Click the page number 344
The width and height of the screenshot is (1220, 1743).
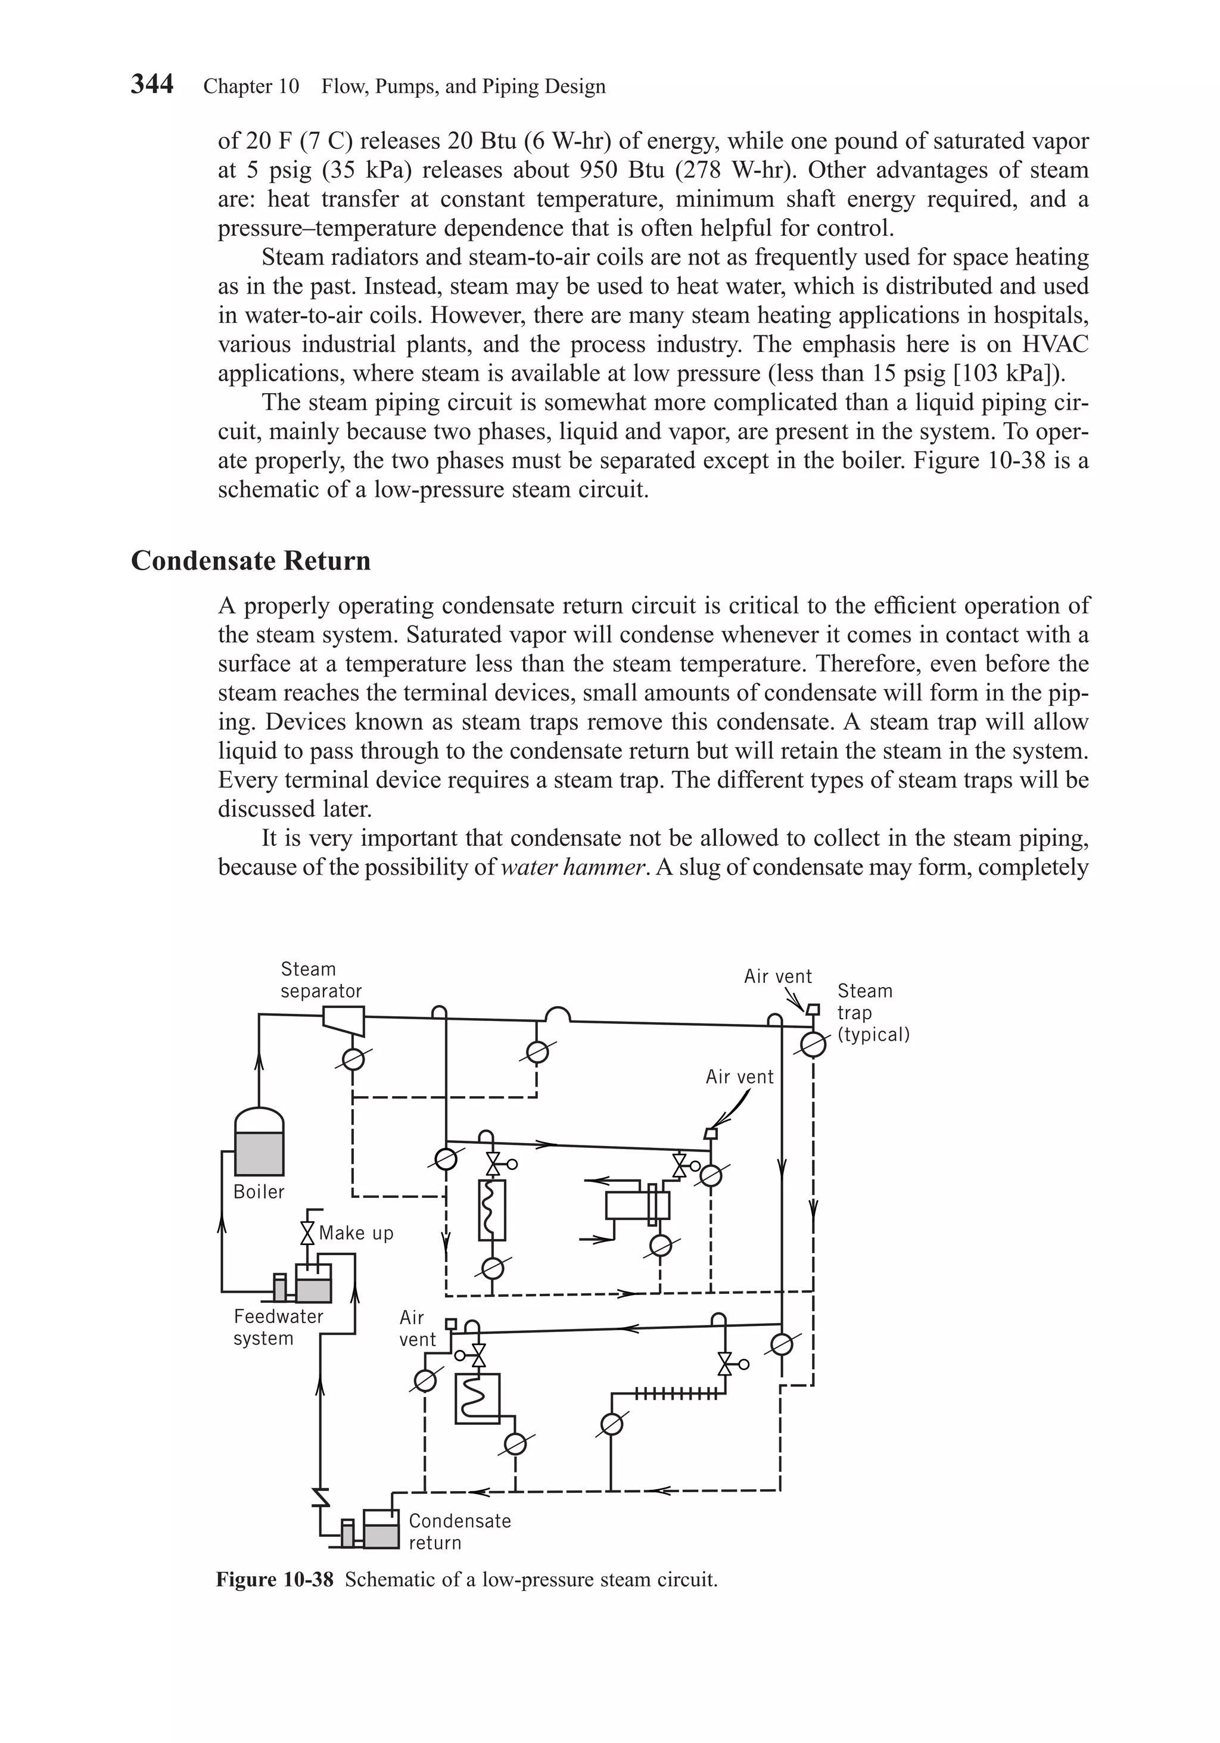pos(152,83)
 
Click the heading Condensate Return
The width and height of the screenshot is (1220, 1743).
pos(251,561)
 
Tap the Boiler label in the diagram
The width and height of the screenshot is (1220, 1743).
pos(258,1192)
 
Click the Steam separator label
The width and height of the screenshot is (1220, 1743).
pos(320,980)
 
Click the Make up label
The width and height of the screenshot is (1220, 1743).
pos(356,1233)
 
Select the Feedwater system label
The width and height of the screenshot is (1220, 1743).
pos(278,1327)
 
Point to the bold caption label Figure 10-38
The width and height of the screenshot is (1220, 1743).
pos(274,1580)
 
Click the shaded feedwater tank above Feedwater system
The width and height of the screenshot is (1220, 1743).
pos(313,1290)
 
